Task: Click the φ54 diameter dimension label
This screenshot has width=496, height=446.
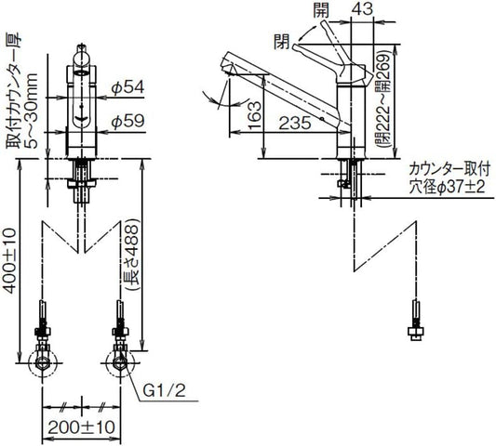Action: [127, 87]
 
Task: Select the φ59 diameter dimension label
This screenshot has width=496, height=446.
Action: [127, 121]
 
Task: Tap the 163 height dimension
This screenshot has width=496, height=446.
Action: [255, 115]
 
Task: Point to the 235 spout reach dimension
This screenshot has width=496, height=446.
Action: [295, 123]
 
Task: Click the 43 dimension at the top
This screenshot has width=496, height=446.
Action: [362, 9]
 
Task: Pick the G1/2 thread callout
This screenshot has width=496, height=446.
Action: [164, 391]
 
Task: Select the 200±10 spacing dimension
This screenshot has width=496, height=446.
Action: [81, 427]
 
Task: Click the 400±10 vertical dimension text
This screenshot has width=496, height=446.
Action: [9, 261]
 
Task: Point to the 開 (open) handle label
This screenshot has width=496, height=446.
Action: [321, 10]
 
